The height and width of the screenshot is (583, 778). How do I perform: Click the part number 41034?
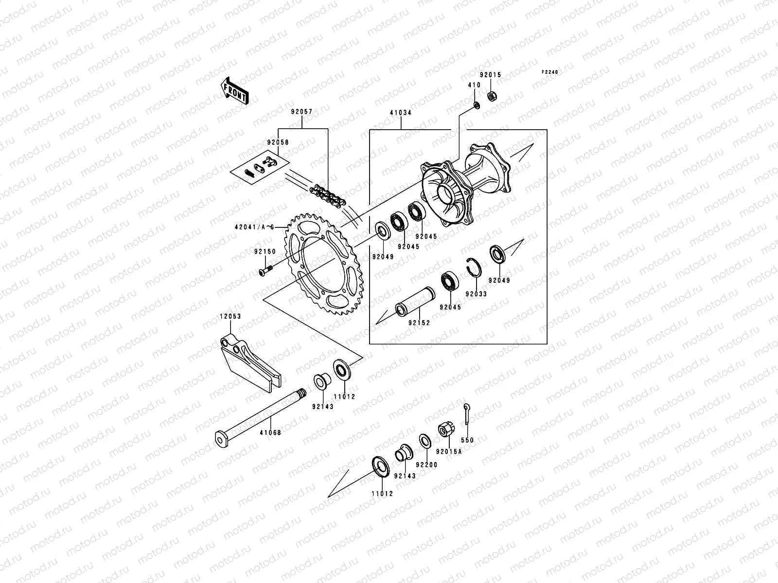click(x=400, y=112)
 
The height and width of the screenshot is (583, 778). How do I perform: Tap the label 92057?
click(x=301, y=112)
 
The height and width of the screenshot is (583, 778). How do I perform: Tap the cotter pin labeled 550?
click(x=466, y=413)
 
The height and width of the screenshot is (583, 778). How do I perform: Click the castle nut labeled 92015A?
click(x=444, y=429)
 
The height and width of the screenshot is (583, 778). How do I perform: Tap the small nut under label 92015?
click(x=492, y=96)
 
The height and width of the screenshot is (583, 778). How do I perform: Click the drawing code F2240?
click(x=550, y=72)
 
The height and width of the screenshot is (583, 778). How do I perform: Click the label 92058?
click(x=277, y=143)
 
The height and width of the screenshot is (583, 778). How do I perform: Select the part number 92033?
click(x=476, y=294)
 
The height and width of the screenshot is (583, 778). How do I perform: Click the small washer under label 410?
click(x=476, y=104)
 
